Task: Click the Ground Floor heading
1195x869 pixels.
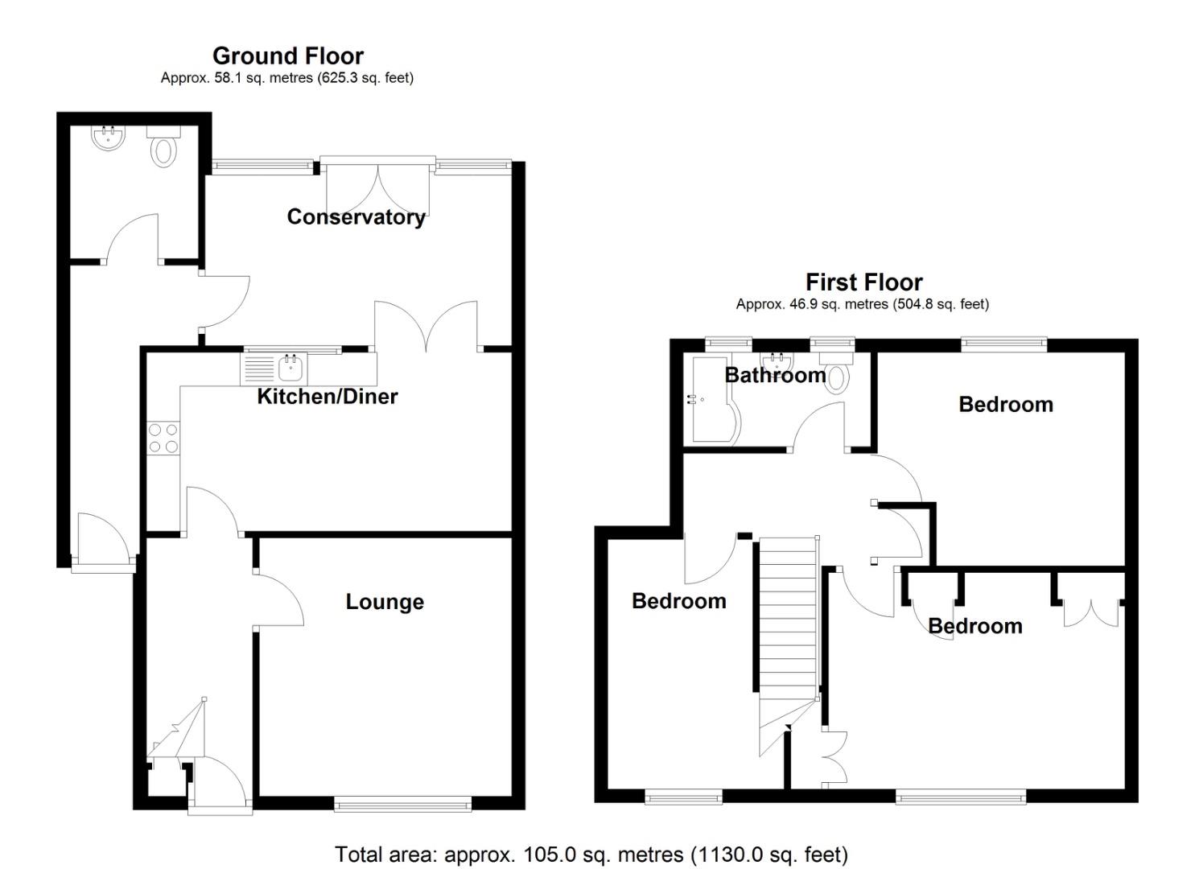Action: (x=287, y=56)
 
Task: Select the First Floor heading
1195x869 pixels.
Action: (x=863, y=282)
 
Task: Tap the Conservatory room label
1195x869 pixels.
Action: (x=356, y=216)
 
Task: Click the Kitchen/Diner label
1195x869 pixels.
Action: (x=327, y=396)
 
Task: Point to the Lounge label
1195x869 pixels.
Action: (x=385, y=602)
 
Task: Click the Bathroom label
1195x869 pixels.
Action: (x=774, y=375)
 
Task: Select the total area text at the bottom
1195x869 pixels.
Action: (x=591, y=854)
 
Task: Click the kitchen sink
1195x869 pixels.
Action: (x=291, y=369)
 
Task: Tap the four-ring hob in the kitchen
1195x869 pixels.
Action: (x=163, y=439)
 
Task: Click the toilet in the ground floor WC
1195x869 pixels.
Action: (x=164, y=149)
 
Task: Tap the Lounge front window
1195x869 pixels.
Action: (x=402, y=802)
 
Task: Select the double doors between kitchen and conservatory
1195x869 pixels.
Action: (x=426, y=326)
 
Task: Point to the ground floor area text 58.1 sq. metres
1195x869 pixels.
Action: (x=286, y=78)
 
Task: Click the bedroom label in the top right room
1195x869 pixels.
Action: (x=1005, y=404)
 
